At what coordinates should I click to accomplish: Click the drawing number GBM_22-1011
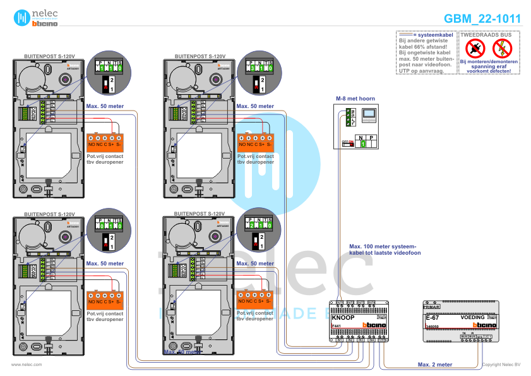[x=482, y=19]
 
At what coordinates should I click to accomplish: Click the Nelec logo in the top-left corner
[x=37, y=18]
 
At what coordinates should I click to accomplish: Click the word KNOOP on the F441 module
[x=343, y=318]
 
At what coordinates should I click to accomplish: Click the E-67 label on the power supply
[x=433, y=318]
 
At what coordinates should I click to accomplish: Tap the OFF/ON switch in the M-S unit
[x=347, y=143]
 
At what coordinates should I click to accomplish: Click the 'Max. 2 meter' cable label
[x=435, y=364]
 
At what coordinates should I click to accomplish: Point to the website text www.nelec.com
[x=27, y=365]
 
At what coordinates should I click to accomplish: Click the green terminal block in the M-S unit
[x=347, y=117]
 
